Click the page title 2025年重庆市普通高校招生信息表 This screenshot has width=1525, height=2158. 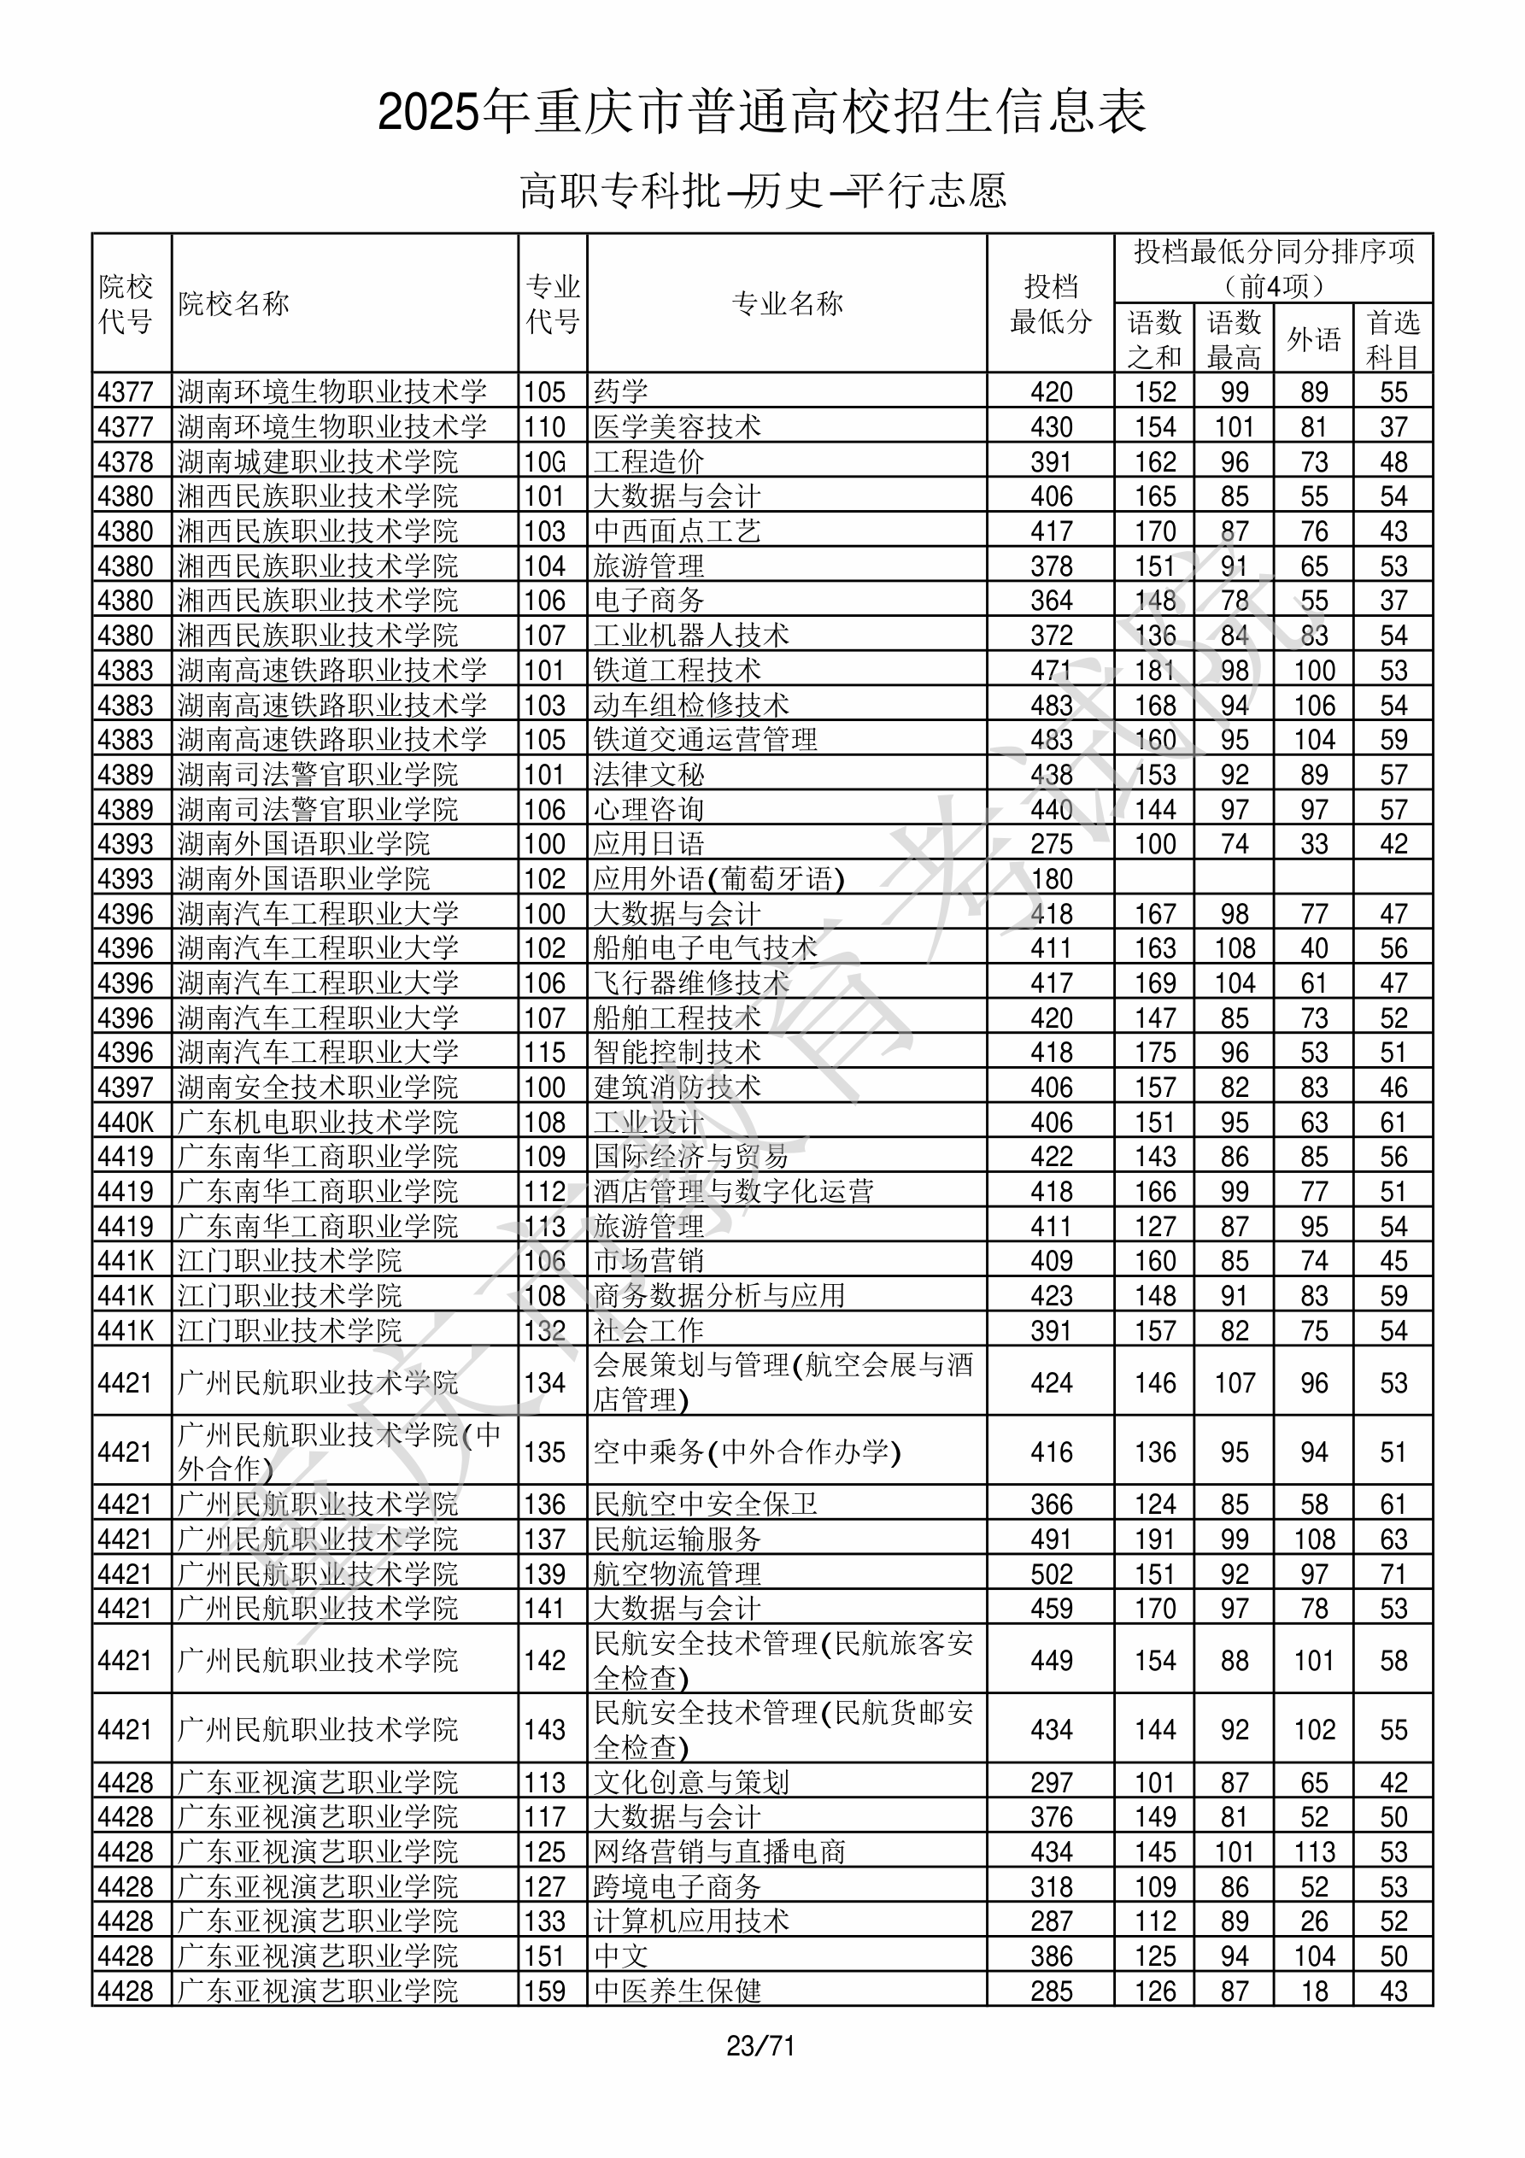[761, 113]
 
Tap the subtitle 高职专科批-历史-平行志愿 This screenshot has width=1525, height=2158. [762, 191]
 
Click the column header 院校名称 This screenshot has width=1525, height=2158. [233, 303]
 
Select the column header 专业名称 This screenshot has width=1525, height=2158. [787, 303]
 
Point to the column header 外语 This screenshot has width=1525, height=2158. [1313, 339]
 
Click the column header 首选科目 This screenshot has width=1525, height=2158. [1393, 339]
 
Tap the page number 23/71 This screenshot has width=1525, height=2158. [760, 2046]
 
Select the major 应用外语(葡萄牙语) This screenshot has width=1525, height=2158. [719, 879]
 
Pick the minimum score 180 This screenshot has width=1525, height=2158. [1051, 879]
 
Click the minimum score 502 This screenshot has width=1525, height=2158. [1051, 1575]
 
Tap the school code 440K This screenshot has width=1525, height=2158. [125, 1123]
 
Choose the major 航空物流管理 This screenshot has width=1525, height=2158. [677, 1575]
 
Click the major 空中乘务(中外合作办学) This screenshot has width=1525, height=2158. [748, 1453]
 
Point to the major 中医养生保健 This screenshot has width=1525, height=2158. [677, 1991]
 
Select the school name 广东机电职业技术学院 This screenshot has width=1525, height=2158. [318, 1123]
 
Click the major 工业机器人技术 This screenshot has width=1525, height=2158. [691, 636]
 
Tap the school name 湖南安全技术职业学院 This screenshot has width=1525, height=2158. [318, 1088]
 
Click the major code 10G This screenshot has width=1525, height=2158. [545, 461]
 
